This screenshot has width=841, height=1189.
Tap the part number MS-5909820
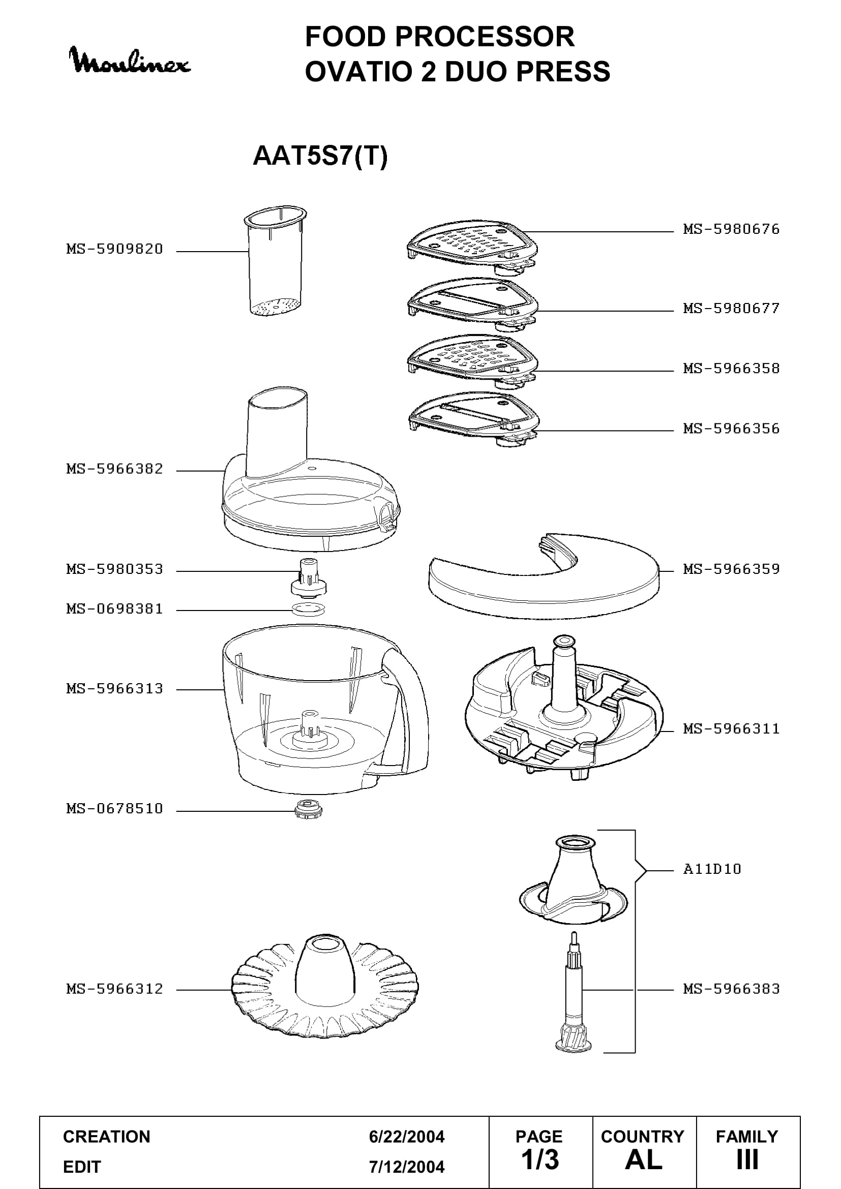[x=114, y=249]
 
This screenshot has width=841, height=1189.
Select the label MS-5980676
[x=731, y=229]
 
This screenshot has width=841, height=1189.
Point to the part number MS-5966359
[x=731, y=569]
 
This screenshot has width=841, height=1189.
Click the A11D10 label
[x=712, y=869]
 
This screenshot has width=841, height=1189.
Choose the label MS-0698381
[x=114, y=609]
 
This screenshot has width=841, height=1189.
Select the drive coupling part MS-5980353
[x=309, y=577]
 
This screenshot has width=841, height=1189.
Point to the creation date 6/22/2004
[x=407, y=1137]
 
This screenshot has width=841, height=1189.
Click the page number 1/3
[x=539, y=1161]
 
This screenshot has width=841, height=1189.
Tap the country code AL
[x=644, y=1161]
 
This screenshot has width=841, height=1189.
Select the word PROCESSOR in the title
[x=485, y=37]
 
